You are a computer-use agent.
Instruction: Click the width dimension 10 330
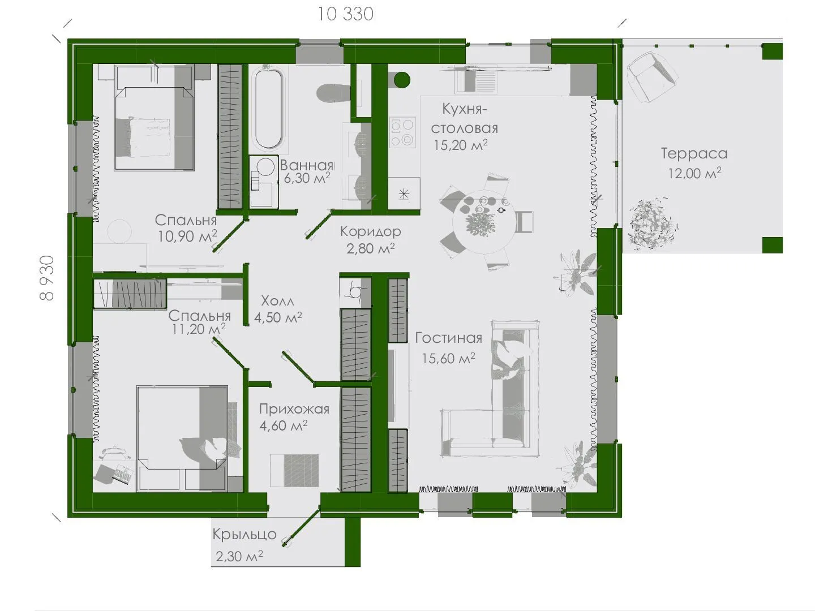click(x=345, y=15)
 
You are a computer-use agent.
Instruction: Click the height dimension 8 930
click(x=47, y=278)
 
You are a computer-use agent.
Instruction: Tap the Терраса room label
click(x=694, y=153)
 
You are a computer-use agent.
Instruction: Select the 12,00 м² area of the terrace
click(x=694, y=173)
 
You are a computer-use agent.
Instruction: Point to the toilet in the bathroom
click(x=333, y=93)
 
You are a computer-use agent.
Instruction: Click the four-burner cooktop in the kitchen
click(x=402, y=132)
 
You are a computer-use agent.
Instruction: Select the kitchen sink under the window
click(x=477, y=80)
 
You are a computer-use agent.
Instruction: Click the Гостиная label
click(x=448, y=338)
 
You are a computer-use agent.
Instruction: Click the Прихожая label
click(x=294, y=409)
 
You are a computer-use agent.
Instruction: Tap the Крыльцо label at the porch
click(x=244, y=535)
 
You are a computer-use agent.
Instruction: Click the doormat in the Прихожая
click(x=294, y=470)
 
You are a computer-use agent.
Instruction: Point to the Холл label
click(x=277, y=300)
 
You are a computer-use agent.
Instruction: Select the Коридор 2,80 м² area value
click(x=370, y=248)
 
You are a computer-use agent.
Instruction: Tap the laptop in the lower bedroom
click(x=122, y=474)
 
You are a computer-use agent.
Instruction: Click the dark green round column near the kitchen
click(x=402, y=80)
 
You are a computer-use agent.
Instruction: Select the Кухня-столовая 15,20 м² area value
click(x=460, y=145)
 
